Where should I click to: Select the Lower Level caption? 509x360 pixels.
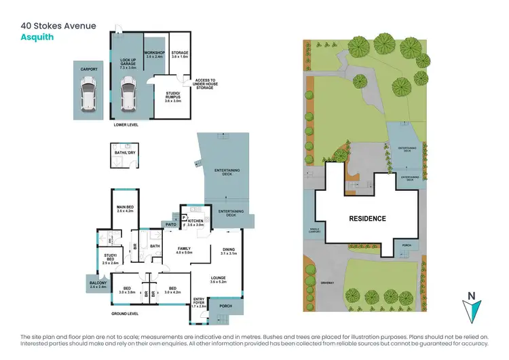click(127, 126)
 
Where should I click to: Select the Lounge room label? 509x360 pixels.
click(218, 278)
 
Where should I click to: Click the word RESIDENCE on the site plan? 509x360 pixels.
click(367, 219)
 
